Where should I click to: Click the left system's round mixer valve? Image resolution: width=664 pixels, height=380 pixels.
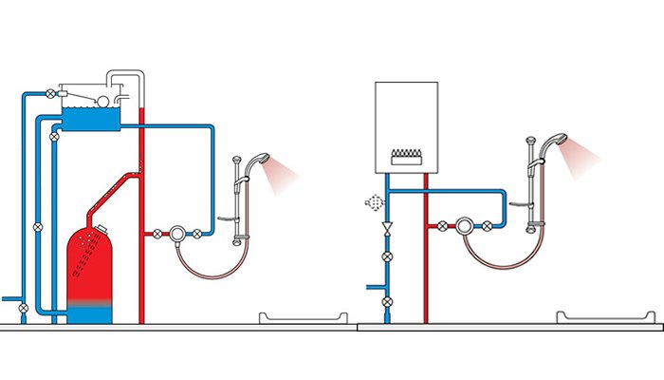coord(176,233)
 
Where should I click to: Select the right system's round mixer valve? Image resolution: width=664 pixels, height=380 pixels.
coord(465,226)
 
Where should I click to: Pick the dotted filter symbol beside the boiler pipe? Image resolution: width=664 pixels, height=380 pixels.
coord(373,202)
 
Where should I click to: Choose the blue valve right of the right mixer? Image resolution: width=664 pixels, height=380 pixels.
coord(487,226)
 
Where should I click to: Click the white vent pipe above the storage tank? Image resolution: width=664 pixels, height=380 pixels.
coord(124,75)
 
